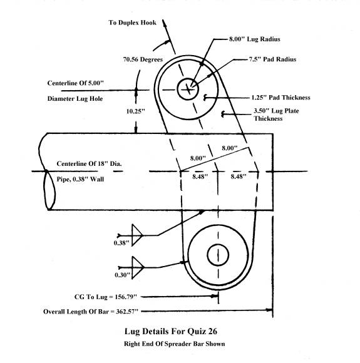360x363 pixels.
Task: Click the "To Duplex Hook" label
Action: click(x=132, y=23)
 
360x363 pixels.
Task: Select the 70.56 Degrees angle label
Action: click(x=143, y=59)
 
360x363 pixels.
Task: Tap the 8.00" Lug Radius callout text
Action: click(x=255, y=39)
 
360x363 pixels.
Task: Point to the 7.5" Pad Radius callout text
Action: click(x=273, y=59)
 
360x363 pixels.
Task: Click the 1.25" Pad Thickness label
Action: click(x=280, y=98)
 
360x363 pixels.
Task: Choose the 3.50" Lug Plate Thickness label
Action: click(x=276, y=115)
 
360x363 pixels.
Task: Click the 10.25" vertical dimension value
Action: click(x=135, y=111)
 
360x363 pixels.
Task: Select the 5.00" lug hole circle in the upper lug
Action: click(x=188, y=89)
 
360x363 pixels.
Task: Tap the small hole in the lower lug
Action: click(x=218, y=255)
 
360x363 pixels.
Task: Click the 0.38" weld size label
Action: click(x=121, y=243)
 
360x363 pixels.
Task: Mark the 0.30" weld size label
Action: click(x=122, y=275)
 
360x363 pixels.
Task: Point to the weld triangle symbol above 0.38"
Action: click(x=137, y=235)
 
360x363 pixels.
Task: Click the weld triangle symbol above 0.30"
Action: click(x=138, y=267)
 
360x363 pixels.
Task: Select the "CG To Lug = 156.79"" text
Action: click(x=106, y=297)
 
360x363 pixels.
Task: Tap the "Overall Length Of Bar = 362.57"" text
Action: click(x=91, y=312)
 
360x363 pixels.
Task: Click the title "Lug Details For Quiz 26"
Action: click(x=171, y=331)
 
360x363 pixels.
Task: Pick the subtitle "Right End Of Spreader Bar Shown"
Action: click(x=174, y=344)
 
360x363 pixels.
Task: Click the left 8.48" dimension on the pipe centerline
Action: click(x=200, y=176)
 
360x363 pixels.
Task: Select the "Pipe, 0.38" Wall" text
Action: click(x=80, y=179)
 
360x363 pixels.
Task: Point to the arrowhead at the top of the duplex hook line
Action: click(x=164, y=23)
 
